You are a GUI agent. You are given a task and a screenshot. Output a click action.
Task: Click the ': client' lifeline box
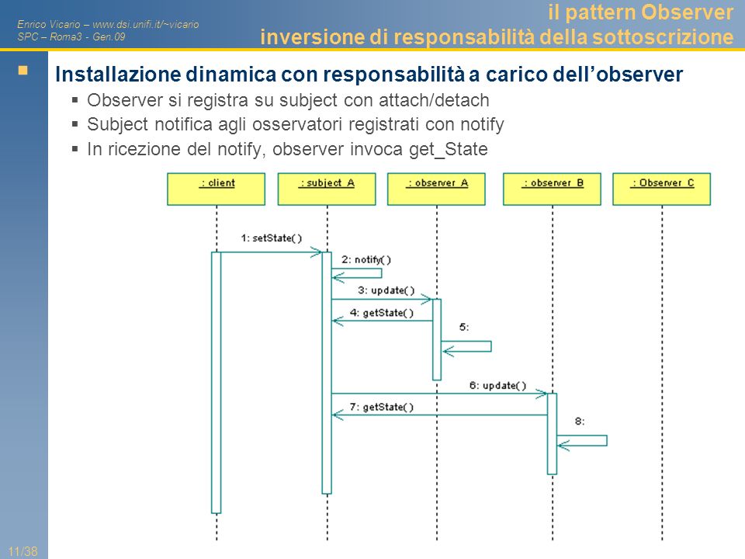[x=217, y=189]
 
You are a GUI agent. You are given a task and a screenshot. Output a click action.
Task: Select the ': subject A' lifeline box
[x=327, y=189]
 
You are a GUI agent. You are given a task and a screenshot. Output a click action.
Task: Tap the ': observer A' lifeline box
[x=437, y=189]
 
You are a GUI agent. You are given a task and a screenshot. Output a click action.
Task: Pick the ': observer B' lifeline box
[x=552, y=189]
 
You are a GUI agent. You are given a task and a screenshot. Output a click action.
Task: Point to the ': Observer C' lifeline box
[x=662, y=189]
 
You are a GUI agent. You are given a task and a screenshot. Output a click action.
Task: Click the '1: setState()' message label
[x=272, y=238]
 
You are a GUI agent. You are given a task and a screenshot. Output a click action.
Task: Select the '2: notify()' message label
[x=366, y=259]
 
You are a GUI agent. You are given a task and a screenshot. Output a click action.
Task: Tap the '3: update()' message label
[x=386, y=290]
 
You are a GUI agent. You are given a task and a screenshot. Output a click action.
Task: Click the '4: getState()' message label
[x=382, y=313]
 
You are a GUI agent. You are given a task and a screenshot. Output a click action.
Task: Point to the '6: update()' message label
[x=498, y=386]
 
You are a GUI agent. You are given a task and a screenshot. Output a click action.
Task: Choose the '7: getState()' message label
[x=382, y=408]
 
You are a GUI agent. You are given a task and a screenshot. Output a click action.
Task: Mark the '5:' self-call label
[x=464, y=327]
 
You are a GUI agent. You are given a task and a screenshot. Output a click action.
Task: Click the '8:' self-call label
[x=580, y=421]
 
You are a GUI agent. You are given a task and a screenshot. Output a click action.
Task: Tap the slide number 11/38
[x=23, y=551]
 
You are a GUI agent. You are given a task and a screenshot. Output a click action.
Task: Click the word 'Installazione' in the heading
[x=118, y=75]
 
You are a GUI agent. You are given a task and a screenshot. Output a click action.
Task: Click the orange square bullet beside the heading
[x=23, y=71]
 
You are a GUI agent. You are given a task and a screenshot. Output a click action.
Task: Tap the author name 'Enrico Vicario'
[x=48, y=24]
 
